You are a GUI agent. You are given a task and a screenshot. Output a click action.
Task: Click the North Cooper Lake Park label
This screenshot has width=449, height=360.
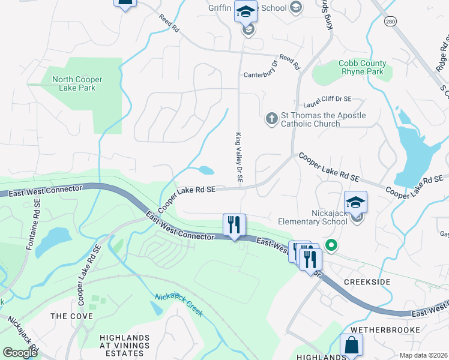click(77, 84)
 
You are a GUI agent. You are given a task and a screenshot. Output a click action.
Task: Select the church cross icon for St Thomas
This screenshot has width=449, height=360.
click(271, 118)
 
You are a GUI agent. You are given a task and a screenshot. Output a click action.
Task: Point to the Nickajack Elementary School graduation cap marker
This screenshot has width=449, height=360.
click(356, 202)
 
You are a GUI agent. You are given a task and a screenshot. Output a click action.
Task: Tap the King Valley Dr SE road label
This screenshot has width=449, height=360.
click(238, 158)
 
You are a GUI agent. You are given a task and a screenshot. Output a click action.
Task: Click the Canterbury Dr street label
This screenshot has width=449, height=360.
click(261, 75)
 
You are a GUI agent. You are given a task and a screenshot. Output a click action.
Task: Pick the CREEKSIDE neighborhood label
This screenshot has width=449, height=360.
click(367, 282)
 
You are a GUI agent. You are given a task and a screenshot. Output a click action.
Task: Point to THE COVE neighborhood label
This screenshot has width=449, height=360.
click(71, 316)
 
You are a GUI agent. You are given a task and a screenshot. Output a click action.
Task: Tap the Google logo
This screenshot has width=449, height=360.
click(20, 353)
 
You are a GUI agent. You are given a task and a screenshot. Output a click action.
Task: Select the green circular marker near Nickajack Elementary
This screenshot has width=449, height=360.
click(330, 245)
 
